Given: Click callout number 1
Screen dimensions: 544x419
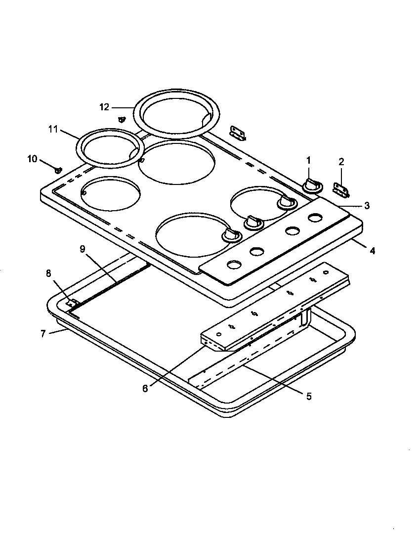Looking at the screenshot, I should tap(308, 160).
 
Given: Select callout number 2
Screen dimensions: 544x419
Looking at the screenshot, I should tap(341, 161).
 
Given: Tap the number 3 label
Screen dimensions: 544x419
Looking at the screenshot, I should tap(367, 206).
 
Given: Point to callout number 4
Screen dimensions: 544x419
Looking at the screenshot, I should tap(372, 251).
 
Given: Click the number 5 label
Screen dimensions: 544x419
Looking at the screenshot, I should tap(309, 396).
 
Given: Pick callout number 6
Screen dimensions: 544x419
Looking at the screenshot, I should tap(145, 389).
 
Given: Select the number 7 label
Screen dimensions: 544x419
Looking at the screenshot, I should tap(43, 334).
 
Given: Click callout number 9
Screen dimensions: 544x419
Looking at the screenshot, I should tap(83, 249).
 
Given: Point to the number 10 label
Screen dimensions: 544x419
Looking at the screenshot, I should tap(32, 159).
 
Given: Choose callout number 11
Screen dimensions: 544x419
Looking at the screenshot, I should tap(53, 130).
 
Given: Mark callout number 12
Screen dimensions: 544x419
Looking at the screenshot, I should tap(104, 107).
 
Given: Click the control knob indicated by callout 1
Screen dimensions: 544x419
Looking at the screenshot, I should tap(311, 184).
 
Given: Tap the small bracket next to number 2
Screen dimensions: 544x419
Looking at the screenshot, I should tap(341, 188).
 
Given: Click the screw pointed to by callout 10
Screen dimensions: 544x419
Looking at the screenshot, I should tap(58, 170).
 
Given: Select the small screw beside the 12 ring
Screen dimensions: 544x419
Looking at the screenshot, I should tap(122, 119).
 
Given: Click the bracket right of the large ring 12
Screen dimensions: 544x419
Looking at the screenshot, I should tap(238, 133).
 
